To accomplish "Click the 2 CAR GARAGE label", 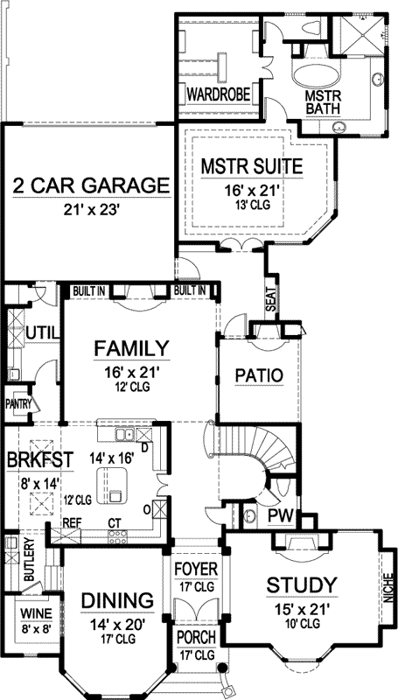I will click(90, 185).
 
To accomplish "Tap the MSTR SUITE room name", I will click(252, 164).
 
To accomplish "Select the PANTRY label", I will click(18, 403).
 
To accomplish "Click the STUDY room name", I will click(302, 584).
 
